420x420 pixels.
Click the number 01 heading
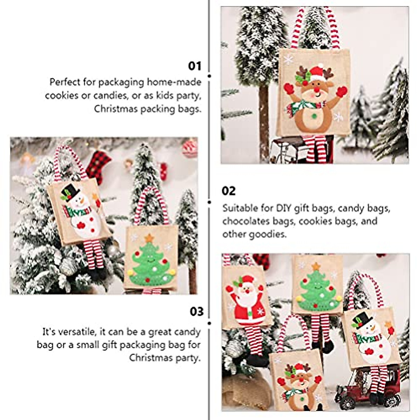195,66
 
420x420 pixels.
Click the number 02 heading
229,191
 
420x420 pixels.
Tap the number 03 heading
196,311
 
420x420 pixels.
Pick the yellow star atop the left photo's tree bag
149,238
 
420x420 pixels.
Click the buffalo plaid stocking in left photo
98,164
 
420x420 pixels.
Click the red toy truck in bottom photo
367,388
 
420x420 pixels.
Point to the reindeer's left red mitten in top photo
289,89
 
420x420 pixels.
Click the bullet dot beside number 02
210,202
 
